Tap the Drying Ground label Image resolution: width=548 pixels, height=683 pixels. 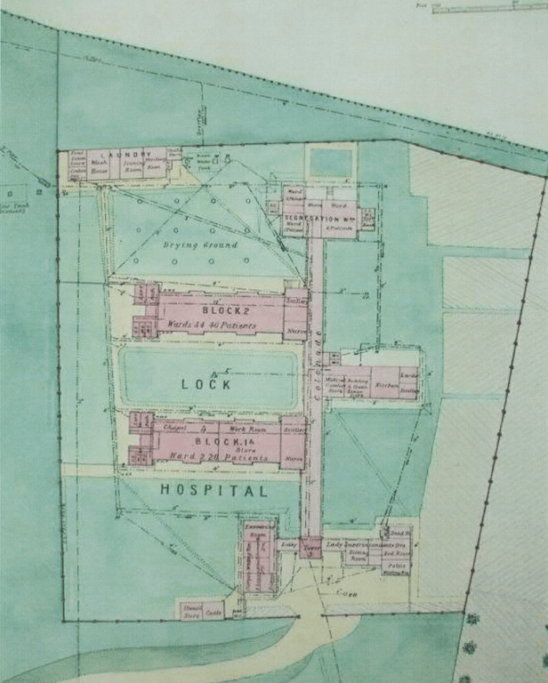[200, 245]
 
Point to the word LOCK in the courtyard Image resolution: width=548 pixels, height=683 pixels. [206, 384]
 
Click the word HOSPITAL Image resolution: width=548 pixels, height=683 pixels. [214, 490]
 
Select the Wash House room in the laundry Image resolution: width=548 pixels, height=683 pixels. [100, 166]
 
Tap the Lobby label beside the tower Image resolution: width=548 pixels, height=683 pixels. [287, 543]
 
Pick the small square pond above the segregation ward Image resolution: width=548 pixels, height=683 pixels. [330, 163]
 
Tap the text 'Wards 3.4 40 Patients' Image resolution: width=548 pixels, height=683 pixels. [212, 325]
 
